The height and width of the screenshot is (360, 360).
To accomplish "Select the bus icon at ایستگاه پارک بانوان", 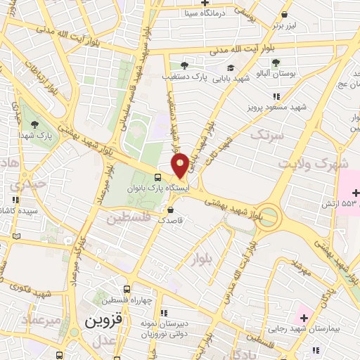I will [x=158, y=176].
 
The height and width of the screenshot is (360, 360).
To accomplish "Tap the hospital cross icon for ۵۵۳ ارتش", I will [x=355, y=193].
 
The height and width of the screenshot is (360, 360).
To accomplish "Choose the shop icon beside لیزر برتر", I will [x=283, y=15].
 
